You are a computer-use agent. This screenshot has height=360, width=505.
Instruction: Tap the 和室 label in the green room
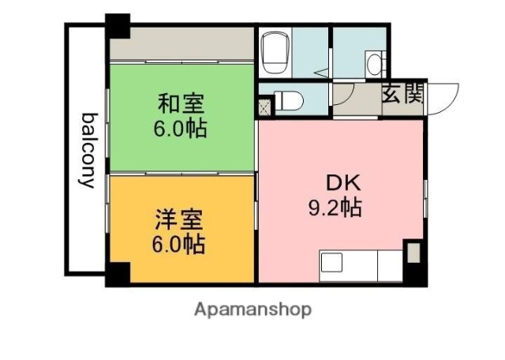pyautogui.click(x=181, y=103)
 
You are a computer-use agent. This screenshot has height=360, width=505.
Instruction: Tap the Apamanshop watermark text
pyautogui.click(x=252, y=309)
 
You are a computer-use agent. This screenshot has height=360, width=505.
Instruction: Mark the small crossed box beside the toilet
pyautogui.click(x=264, y=103)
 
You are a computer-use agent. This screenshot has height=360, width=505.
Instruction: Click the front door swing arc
pyautogui.click(x=442, y=95)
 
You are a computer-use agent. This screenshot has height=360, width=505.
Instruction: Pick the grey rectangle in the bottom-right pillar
pyautogui.click(x=413, y=254)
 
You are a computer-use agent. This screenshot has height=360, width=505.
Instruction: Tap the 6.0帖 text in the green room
pyautogui.click(x=181, y=127)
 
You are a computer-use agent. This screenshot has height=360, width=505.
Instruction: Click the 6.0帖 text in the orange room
pyautogui.click(x=179, y=244)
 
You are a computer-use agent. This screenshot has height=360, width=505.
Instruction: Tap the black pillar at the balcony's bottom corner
pyautogui.click(x=116, y=275)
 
